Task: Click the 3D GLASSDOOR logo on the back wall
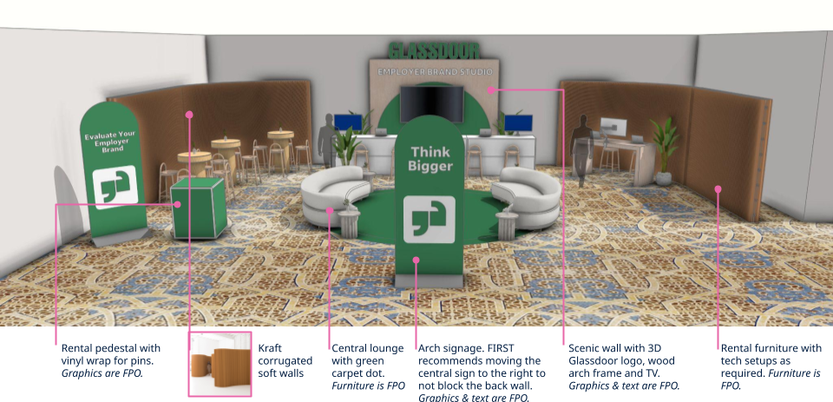tap(434, 51)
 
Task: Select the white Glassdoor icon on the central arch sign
tap(430, 219)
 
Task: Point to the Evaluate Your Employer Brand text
tap(108, 142)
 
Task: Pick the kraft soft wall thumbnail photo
tap(220, 363)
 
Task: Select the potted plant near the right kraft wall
tap(665, 148)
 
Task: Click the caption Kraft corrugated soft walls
tap(282, 360)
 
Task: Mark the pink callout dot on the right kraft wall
tap(718, 188)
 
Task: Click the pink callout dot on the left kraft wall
tap(189, 114)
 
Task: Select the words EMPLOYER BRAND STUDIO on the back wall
tap(434, 71)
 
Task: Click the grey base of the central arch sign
tap(430, 280)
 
